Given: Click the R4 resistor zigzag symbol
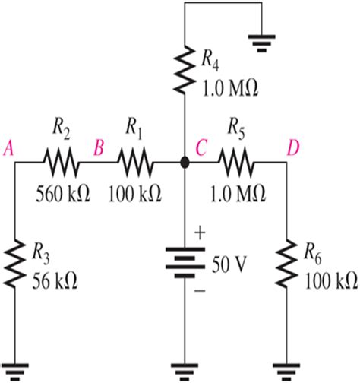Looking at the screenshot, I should [x=185, y=71].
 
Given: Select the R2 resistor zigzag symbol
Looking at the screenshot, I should [x=59, y=162].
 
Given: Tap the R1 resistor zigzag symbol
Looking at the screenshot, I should [x=135, y=162].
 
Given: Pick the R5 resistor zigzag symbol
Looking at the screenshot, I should [x=237, y=162].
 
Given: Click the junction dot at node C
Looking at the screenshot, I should [x=185, y=162].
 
